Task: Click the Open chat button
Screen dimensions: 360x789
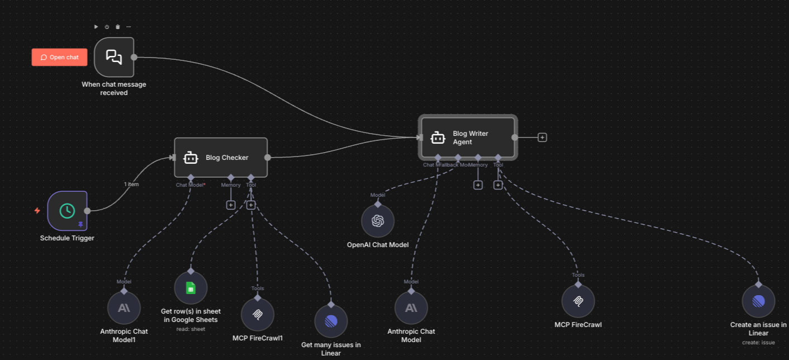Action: coord(59,57)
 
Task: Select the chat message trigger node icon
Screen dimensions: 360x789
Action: coord(114,57)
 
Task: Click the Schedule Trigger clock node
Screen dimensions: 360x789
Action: coord(67,211)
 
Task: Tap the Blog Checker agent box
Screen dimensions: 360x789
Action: coord(221,158)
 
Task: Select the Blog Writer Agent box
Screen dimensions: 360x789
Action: coord(468,138)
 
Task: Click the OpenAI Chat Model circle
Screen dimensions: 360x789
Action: coord(378,221)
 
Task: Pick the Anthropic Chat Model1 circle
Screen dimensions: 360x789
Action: coord(123,308)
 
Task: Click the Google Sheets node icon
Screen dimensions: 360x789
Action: coord(191,288)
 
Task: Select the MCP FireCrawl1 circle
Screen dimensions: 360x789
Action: coord(258,314)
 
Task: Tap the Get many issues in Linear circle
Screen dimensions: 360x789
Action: coord(331,321)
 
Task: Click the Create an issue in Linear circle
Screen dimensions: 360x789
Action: coord(758,301)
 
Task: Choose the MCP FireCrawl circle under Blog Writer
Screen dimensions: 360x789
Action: coord(578,301)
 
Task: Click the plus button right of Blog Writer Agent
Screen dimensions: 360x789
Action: coord(542,137)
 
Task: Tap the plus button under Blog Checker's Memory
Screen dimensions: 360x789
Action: coord(231,205)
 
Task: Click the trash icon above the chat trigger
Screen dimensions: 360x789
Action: coord(117,27)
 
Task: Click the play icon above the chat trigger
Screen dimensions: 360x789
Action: coord(96,27)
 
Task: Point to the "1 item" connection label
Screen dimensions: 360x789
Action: coord(131,184)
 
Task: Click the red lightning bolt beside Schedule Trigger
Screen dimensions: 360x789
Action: coord(37,211)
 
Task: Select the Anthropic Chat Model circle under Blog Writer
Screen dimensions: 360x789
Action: coord(411,308)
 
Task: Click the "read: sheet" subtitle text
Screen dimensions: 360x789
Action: coord(191,329)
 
